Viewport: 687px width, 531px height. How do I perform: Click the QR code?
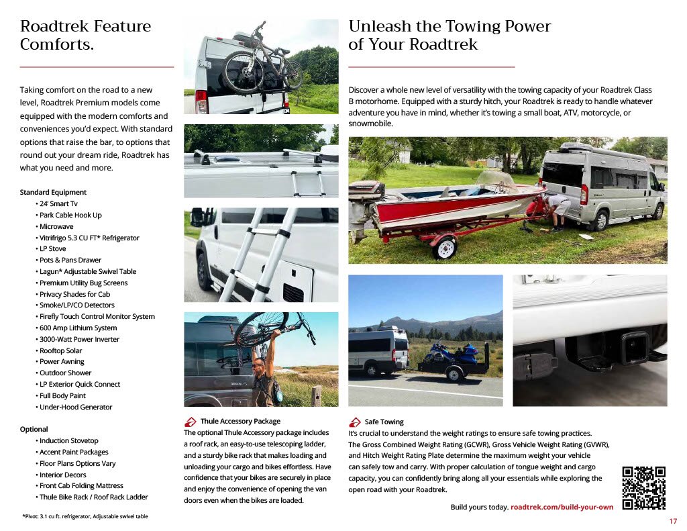point(643,487)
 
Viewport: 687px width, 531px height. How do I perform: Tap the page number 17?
point(673,522)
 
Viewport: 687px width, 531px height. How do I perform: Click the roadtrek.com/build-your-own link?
point(562,507)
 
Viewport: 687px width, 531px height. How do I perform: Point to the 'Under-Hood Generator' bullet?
point(75,407)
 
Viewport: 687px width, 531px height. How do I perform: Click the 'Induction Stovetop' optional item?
point(68,440)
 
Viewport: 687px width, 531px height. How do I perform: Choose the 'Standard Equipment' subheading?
point(53,192)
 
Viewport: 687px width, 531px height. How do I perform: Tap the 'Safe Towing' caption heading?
point(384,422)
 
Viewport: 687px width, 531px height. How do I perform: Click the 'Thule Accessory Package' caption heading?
point(240,422)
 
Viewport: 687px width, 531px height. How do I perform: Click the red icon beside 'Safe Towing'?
point(355,422)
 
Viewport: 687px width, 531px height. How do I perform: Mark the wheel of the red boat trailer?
point(444,247)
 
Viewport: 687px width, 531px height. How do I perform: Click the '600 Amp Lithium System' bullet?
point(78,328)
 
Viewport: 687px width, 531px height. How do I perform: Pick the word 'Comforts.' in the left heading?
point(56,45)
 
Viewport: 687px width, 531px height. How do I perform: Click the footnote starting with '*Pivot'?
point(85,516)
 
